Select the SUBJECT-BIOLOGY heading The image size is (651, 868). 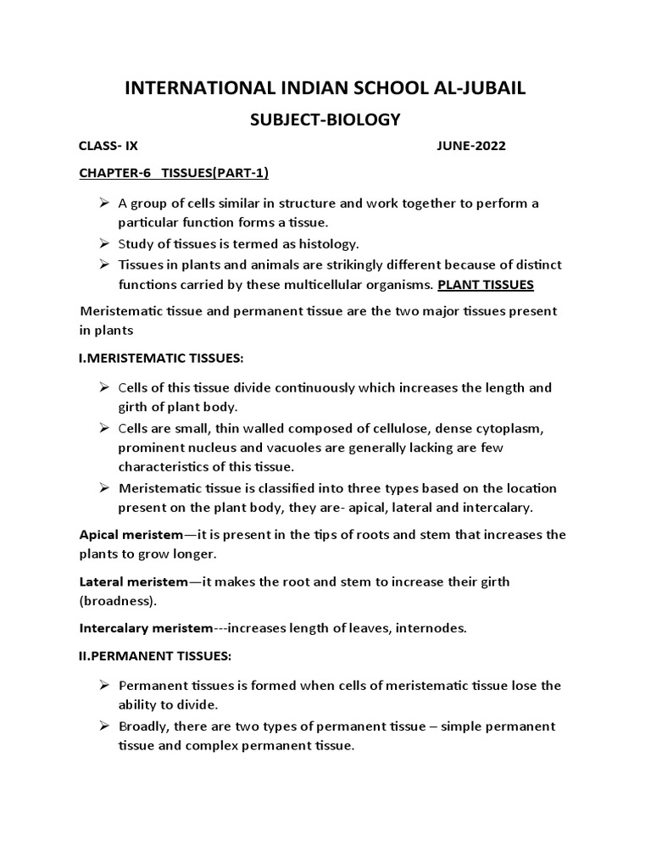pyautogui.click(x=325, y=120)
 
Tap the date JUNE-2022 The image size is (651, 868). pyautogui.click(x=471, y=146)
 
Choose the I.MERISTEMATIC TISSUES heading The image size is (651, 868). pyautogui.click(x=160, y=359)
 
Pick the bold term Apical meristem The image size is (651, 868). pyautogui.click(x=131, y=535)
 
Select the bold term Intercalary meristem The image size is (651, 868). pyautogui.click(x=145, y=628)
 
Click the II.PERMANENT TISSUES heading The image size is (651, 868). pyautogui.click(x=154, y=656)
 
